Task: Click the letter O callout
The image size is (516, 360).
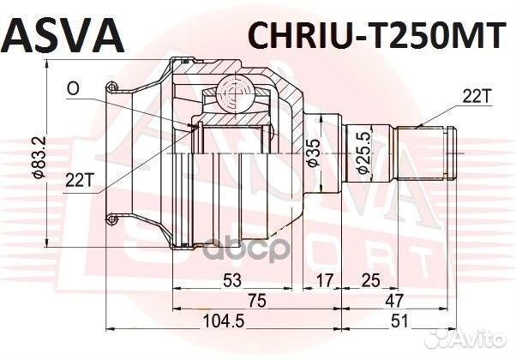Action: [75, 87]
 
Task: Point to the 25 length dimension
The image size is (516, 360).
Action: [370, 279]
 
